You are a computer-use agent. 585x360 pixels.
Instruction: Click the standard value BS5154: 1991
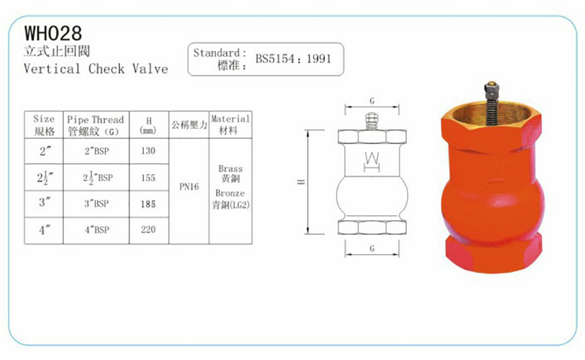292,59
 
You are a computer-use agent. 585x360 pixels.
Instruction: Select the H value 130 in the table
148,151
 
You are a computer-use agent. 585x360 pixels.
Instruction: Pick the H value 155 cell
148,178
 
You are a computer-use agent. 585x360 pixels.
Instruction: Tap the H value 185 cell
148,204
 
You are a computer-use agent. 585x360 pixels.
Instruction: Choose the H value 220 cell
148,230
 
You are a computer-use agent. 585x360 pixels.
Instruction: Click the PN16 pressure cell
190,188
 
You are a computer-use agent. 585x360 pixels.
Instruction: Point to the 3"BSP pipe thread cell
97,204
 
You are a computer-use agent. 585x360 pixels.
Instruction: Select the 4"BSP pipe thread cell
97,230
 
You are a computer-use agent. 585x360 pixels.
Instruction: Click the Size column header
44,125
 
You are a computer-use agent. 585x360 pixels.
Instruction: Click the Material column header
230,125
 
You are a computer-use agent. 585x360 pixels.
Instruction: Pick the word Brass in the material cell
230,169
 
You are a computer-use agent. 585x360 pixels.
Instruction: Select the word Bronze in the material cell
230,193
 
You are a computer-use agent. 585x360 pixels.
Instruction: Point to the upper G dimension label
371,101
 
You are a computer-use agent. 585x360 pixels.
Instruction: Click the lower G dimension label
371,249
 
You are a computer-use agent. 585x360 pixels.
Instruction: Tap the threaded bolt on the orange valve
488,99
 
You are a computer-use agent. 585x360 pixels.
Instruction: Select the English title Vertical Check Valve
96,68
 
